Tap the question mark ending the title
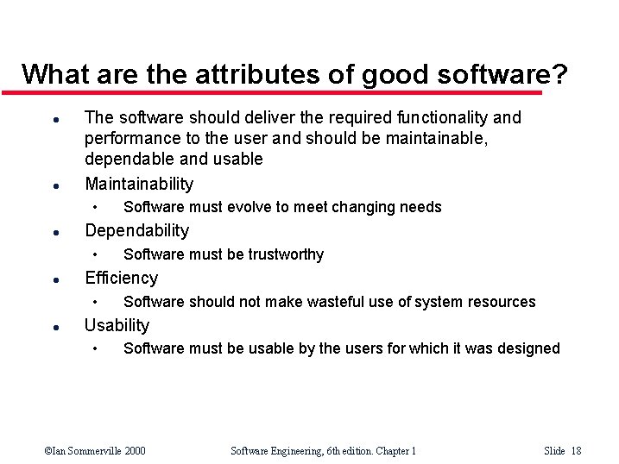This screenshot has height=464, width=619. pyautogui.click(x=560, y=74)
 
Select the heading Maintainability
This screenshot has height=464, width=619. pyautogui.click(x=139, y=184)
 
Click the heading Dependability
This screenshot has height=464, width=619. pyautogui.click(x=136, y=230)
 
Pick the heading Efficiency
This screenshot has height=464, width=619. pyautogui.click(x=121, y=278)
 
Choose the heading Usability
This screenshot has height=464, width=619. pyautogui.click(x=117, y=325)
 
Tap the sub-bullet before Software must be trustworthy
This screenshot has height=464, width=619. pyautogui.click(x=97, y=254)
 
